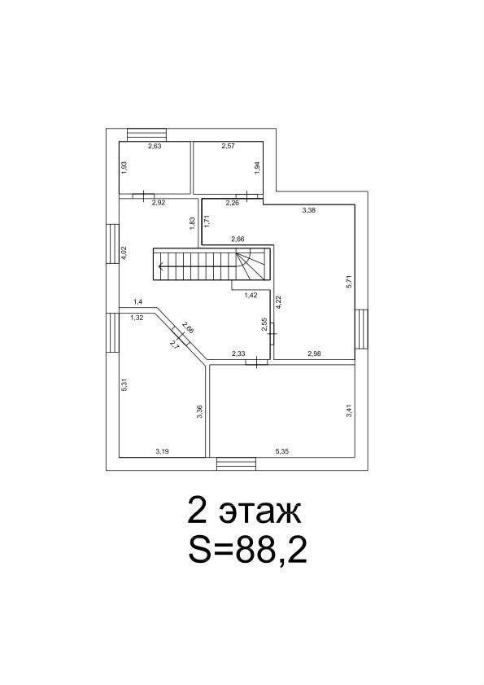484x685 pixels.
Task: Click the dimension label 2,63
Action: click(155, 147)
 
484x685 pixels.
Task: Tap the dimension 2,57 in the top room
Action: click(228, 147)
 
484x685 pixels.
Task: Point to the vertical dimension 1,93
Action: click(124, 168)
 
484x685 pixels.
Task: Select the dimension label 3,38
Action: click(308, 210)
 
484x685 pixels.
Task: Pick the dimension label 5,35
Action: click(282, 452)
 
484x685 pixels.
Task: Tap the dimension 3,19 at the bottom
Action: click(162, 452)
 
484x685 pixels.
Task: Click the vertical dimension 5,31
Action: click(124, 384)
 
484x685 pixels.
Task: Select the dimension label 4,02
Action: click(124, 254)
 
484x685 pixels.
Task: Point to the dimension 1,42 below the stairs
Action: click(251, 296)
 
